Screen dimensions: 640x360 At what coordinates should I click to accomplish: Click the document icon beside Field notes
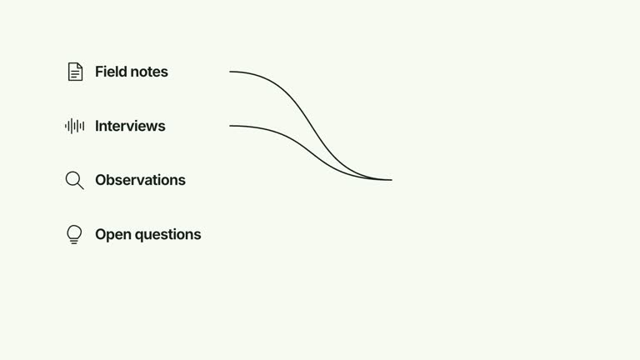click(75, 72)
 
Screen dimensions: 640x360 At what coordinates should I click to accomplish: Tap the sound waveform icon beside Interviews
click(75, 126)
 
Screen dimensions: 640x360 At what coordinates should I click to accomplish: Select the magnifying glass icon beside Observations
click(75, 180)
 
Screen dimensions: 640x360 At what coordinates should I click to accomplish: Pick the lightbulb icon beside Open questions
click(74, 234)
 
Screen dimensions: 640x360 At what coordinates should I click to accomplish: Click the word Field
click(110, 72)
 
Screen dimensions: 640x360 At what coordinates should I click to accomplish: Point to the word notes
click(147, 72)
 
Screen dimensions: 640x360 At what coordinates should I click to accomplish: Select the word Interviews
click(130, 126)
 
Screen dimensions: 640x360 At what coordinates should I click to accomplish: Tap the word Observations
click(140, 180)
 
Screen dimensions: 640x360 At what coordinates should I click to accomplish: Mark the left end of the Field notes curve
click(230, 72)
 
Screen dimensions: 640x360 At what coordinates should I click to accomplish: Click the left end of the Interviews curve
click(230, 126)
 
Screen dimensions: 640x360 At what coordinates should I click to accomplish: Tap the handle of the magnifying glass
click(80, 186)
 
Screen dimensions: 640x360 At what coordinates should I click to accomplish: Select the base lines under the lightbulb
click(74, 242)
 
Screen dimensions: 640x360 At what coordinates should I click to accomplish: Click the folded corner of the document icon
click(80, 65)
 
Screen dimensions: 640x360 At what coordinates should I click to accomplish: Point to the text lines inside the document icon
click(74, 74)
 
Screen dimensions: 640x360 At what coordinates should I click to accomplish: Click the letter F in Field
click(100, 72)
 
